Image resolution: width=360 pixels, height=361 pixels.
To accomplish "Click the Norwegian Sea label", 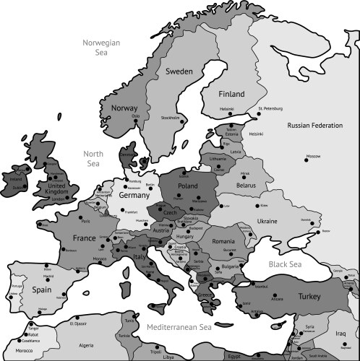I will point(101,48).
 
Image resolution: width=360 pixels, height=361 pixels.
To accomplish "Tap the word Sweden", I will point(179,72).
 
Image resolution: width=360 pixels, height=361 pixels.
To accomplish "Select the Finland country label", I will point(232,94).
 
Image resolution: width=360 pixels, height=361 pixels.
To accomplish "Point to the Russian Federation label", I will point(314,126).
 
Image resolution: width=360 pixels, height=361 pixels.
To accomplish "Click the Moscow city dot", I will point(306,162).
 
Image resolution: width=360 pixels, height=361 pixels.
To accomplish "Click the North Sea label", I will point(94,159).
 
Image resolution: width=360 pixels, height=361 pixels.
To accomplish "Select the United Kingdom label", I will point(61,189).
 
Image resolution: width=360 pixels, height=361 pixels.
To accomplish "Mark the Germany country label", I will point(134,196).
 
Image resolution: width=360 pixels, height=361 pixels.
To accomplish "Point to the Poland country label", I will point(187,186).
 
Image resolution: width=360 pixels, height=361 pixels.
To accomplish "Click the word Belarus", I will point(247,185).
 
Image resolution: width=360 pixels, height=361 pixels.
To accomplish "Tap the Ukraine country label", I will point(267,219).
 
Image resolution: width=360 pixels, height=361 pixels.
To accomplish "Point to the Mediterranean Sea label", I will point(179,327).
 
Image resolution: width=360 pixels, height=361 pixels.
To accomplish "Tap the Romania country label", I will point(224,240).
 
